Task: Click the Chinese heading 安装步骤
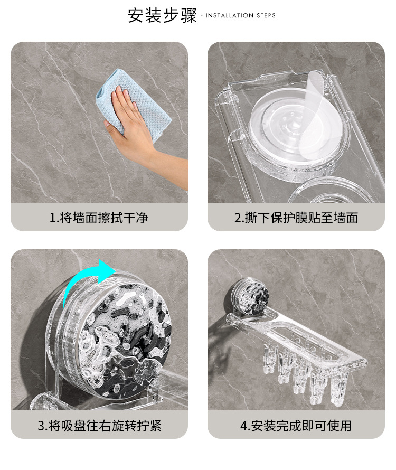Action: (x=162, y=15)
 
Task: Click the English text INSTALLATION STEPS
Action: (x=241, y=16)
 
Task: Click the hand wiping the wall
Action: (x=141, y=132)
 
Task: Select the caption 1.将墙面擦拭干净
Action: (x=99, y=218)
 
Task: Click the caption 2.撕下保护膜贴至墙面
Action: (x=296, y=218)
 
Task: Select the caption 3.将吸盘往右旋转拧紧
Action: (x=99, y=426)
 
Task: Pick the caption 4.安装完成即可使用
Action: (x=296, y=426)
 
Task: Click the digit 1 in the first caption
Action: (x=52, y=218)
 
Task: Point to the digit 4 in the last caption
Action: (x=244, y=426)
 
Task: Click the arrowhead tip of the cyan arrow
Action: (x=116, y=271)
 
